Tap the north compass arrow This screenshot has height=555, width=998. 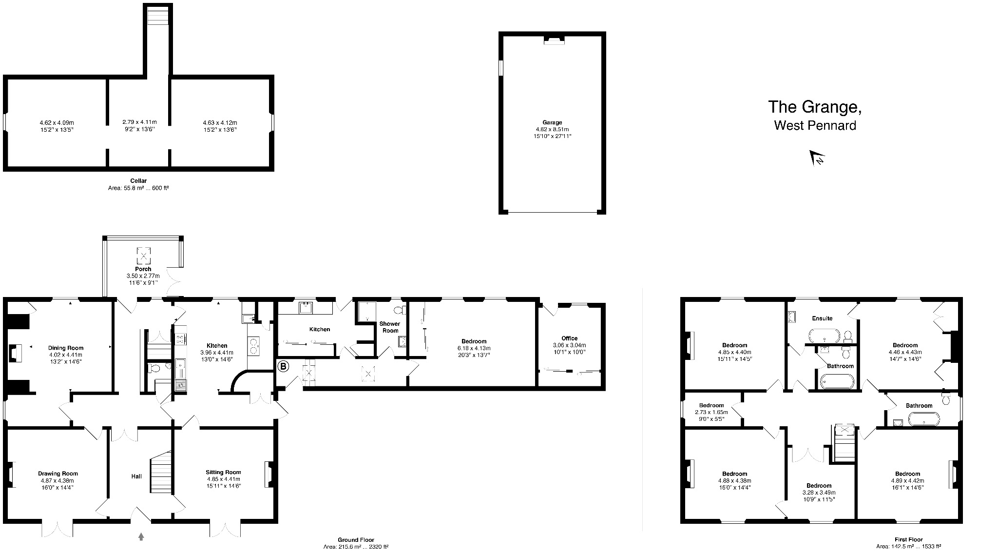pyautogui.click(x=817, y=158)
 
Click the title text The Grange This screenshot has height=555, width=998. pyautogui.click(x=815, y=107)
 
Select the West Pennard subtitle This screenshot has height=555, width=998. pyautogui.click(x=815, y=125)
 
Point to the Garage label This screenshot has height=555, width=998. pyautogui.click(x=552, y=122)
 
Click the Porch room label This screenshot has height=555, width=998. pyautogui.click(x=143, y=269)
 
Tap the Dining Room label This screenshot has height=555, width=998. pyautogui.click(x=66, y=348)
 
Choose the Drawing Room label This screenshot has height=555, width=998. pyautogui.click(x=58, y=474)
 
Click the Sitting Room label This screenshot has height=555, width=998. pyautogui.click(x=223, y=472)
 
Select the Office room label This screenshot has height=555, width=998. pyautogui.click(x=569, y=338)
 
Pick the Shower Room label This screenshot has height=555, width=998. pyautogui.click(x=390, y=327)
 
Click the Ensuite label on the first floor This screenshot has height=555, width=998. pyautogui.click(x=822, y=318)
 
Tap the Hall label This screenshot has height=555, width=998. pyautogui.click(x=136, y=476)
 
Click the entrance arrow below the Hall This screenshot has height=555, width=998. pyautogui.click(x=141, y=536)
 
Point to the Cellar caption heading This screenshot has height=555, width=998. pyautogui.click(x=138, y=181)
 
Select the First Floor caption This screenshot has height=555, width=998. pyautogui.click(x=908, y=540)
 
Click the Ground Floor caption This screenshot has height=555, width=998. pyautogui.click(x=356, y=540)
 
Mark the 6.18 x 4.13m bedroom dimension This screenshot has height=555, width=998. pyautogui.click(x=474, y=348)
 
